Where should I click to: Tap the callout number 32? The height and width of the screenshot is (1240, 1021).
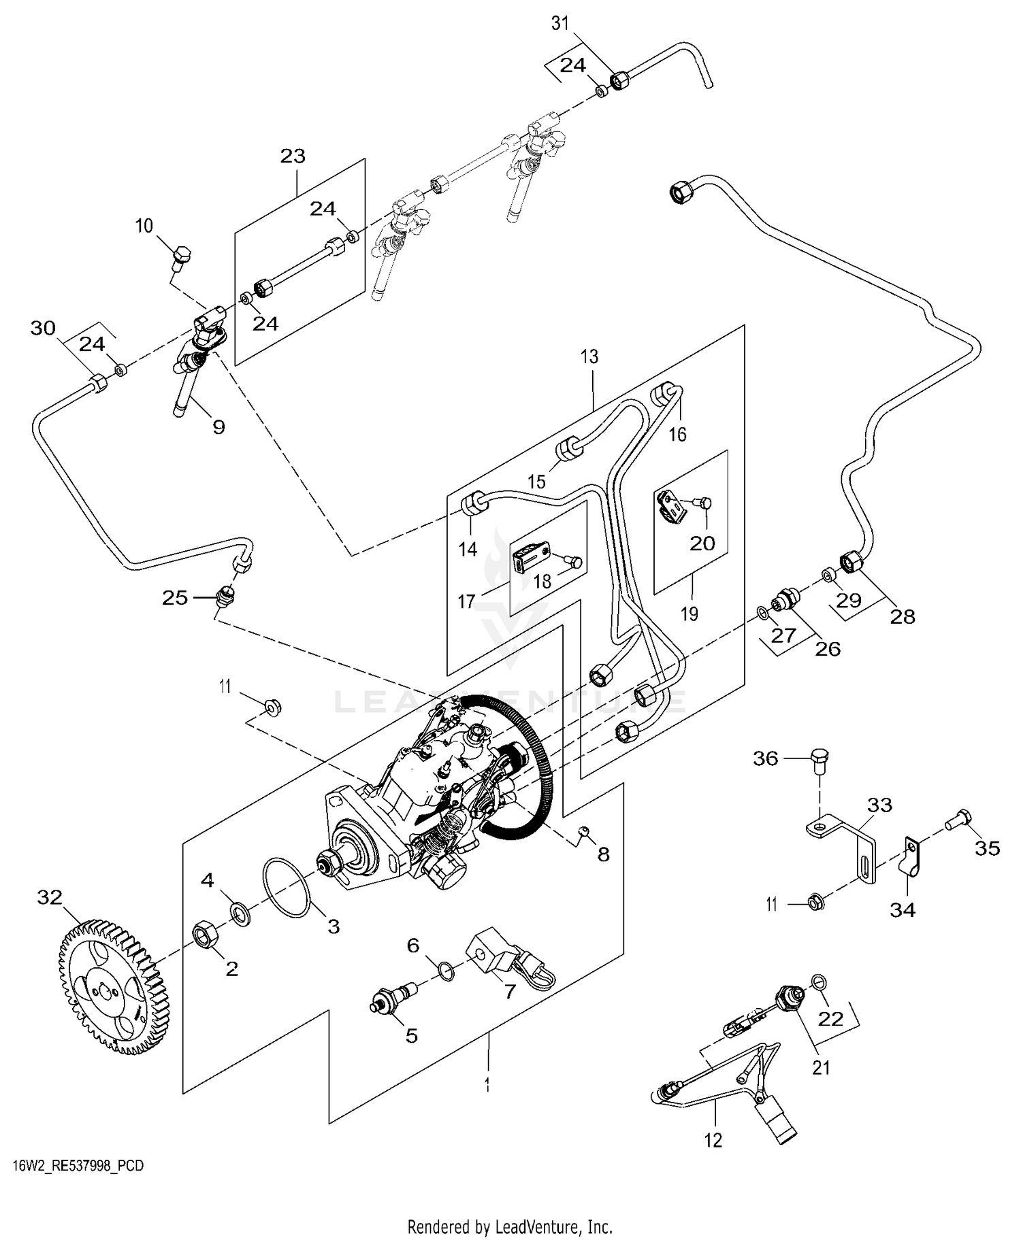coord(50,897)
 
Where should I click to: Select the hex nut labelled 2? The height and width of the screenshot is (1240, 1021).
coord(209,933)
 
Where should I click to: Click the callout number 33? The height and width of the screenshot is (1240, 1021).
coord(879,805)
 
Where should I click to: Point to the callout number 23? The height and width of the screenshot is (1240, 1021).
coord(293,156)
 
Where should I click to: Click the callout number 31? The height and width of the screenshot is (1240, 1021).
coord(560,24)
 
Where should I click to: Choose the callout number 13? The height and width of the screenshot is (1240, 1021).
coord(589,356)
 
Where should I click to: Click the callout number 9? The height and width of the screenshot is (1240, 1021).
coord(218,427)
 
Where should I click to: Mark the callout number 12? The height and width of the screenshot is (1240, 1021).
coord(713,1140)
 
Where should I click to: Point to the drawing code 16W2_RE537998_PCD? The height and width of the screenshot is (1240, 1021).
coord(78,1166)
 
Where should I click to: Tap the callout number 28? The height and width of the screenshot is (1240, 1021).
coord(903,616)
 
